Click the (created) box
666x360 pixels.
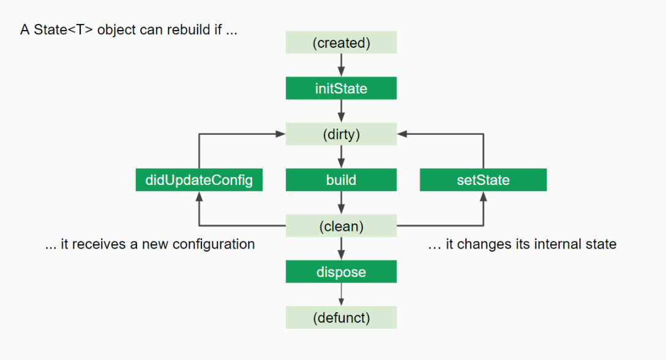tap(341, 43)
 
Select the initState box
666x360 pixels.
tap(341, 88)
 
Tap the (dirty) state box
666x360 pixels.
tap(341, 134)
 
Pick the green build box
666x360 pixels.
tap(341, 180)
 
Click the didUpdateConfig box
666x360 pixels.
tap(199, 180)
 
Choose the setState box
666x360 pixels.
tap(483, 180)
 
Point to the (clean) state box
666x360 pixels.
tap(341, 226)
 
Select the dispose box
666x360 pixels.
tap(341, 272)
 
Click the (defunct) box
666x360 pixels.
tap(341, 318)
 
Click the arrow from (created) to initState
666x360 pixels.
tap(341, 65)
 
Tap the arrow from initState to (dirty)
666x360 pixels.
tap(341, 111)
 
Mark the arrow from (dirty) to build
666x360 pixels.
tap(341, 157)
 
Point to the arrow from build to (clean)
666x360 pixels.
tap(341, 203)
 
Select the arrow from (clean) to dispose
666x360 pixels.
tap(341, 249)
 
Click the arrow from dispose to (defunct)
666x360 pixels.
tap(341, 294)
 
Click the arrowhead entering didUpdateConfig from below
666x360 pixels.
tap(199, 197)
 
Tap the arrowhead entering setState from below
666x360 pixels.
tap(483, 197)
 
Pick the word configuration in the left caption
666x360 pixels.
tap(214, 244)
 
